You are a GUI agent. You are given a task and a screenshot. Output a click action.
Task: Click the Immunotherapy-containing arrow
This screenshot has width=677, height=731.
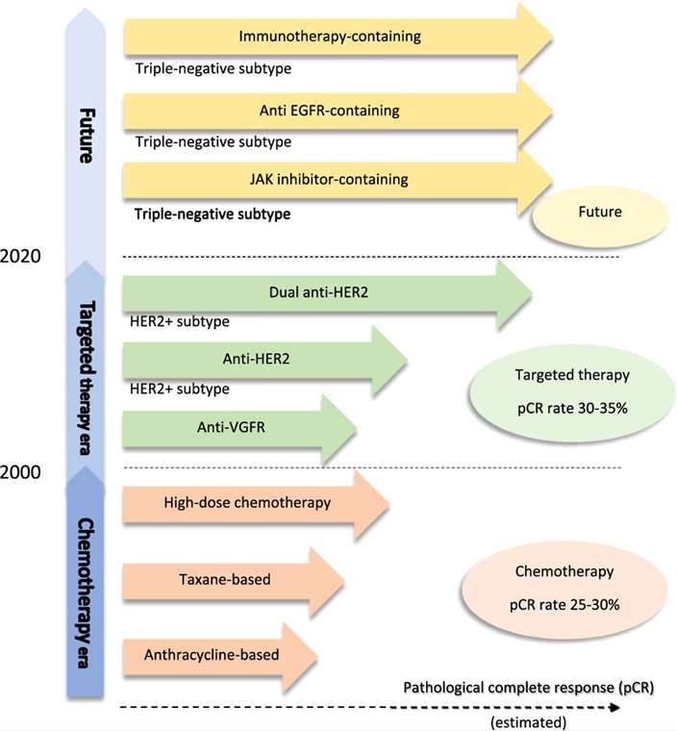330,37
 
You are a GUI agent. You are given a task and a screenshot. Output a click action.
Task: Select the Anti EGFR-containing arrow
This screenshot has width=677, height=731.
330,111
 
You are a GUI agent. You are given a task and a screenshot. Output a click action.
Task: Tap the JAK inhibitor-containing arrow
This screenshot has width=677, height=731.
330,179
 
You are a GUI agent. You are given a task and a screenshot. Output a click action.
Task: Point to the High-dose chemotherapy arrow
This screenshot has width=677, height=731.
247,502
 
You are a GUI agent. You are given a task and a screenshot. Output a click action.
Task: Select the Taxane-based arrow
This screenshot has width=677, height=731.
225,580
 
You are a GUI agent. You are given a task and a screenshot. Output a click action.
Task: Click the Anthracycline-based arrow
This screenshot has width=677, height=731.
213,655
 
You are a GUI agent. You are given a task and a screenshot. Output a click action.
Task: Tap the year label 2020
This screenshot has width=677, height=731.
21,257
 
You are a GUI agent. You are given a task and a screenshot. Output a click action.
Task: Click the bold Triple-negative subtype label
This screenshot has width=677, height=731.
213,213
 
